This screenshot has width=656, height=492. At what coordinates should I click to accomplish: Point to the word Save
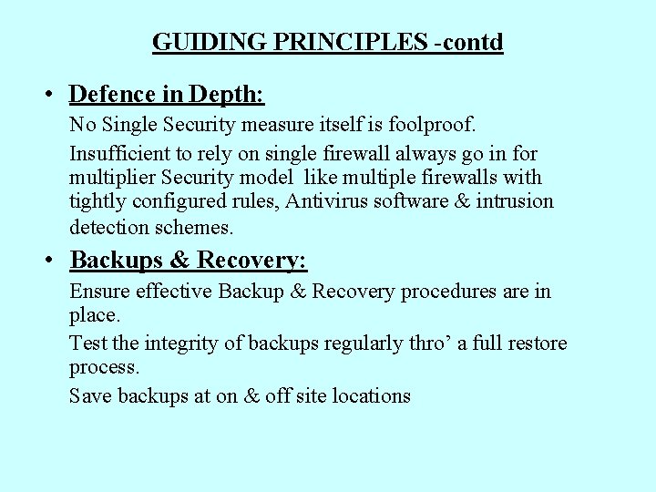click(x=90, y=395)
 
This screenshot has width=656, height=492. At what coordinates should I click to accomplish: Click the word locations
click(x=371, y=395)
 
